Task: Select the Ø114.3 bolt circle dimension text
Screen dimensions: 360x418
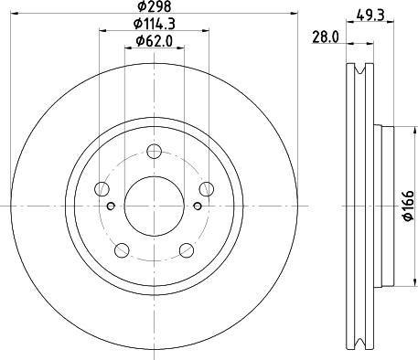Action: pos(152,24)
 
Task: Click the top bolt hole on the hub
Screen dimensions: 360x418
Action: pos(153,152)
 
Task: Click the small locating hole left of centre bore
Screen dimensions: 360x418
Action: pos(112,206)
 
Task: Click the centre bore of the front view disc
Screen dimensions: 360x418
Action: pos(153,206)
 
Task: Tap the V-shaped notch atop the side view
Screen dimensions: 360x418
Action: pos(360,71)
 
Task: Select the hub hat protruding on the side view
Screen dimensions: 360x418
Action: pos(384,206)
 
